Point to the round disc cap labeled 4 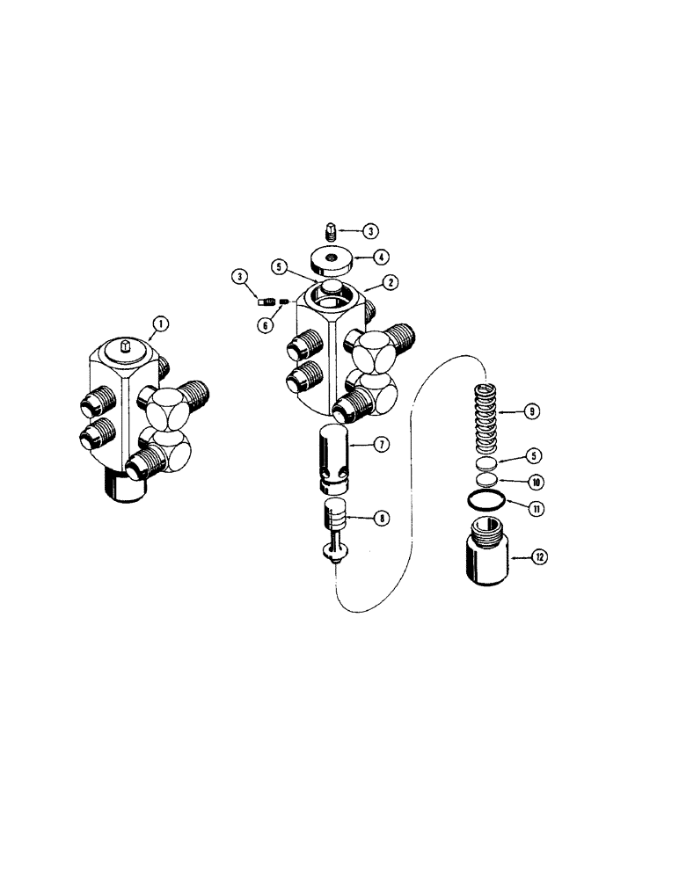pos(332,262)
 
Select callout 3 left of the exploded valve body pos(238,278)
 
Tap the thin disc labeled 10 pos(486,480)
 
